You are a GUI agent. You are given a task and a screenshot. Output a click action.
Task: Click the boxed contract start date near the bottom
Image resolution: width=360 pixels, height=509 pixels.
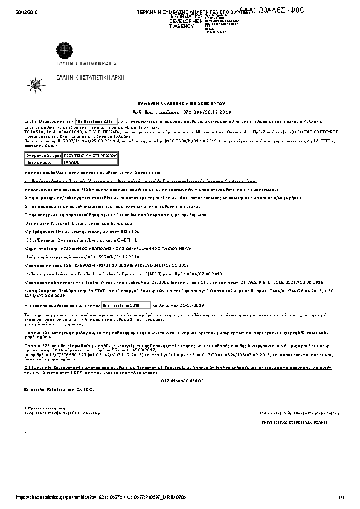point(121,306)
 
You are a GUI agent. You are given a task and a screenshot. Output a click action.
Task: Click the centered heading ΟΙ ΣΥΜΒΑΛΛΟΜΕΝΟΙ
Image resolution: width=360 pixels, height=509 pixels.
point(179,363)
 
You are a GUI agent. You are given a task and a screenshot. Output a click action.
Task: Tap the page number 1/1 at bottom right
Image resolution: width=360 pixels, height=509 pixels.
point(341,497)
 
